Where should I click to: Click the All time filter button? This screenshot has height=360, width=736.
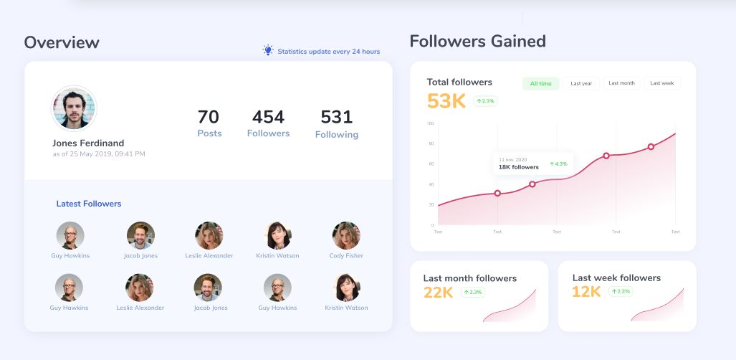(x=540, y=84)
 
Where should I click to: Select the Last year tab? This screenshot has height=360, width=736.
(x=581, y=84)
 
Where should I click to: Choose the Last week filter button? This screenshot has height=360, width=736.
(x=661, y=83)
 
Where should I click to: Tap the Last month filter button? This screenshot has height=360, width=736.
(x=621, y=83)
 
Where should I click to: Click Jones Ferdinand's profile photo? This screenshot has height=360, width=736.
(x=74, y=108)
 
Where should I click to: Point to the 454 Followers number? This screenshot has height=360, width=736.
(x=268, y=117)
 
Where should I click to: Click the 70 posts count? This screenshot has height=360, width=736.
(x=209, y=117)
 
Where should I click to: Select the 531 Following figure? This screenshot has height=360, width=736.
(x=336, y=117)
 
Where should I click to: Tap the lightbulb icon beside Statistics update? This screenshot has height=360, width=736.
(x=268, y=50)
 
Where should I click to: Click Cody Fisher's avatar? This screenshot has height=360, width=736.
(x=346, y=235)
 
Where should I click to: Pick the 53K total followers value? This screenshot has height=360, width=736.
(x=446, y=101)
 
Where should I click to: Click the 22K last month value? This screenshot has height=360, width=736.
(x=439, y=292)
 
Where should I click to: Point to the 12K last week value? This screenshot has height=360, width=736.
(x=586, y=292)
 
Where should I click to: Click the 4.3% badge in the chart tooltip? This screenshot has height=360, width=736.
(x=558, y=164)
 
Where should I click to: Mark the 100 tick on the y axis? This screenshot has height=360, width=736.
(x=431, y=123)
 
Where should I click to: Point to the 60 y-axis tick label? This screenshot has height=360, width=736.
(x=431, y=164)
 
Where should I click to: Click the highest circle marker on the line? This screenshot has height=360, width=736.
(x=651, y=147)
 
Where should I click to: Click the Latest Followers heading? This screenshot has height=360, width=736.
(x=89, y=204)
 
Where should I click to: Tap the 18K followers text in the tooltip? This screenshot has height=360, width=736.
(x=518, y=167)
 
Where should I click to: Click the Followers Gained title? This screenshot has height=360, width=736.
(x=477, y=41)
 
